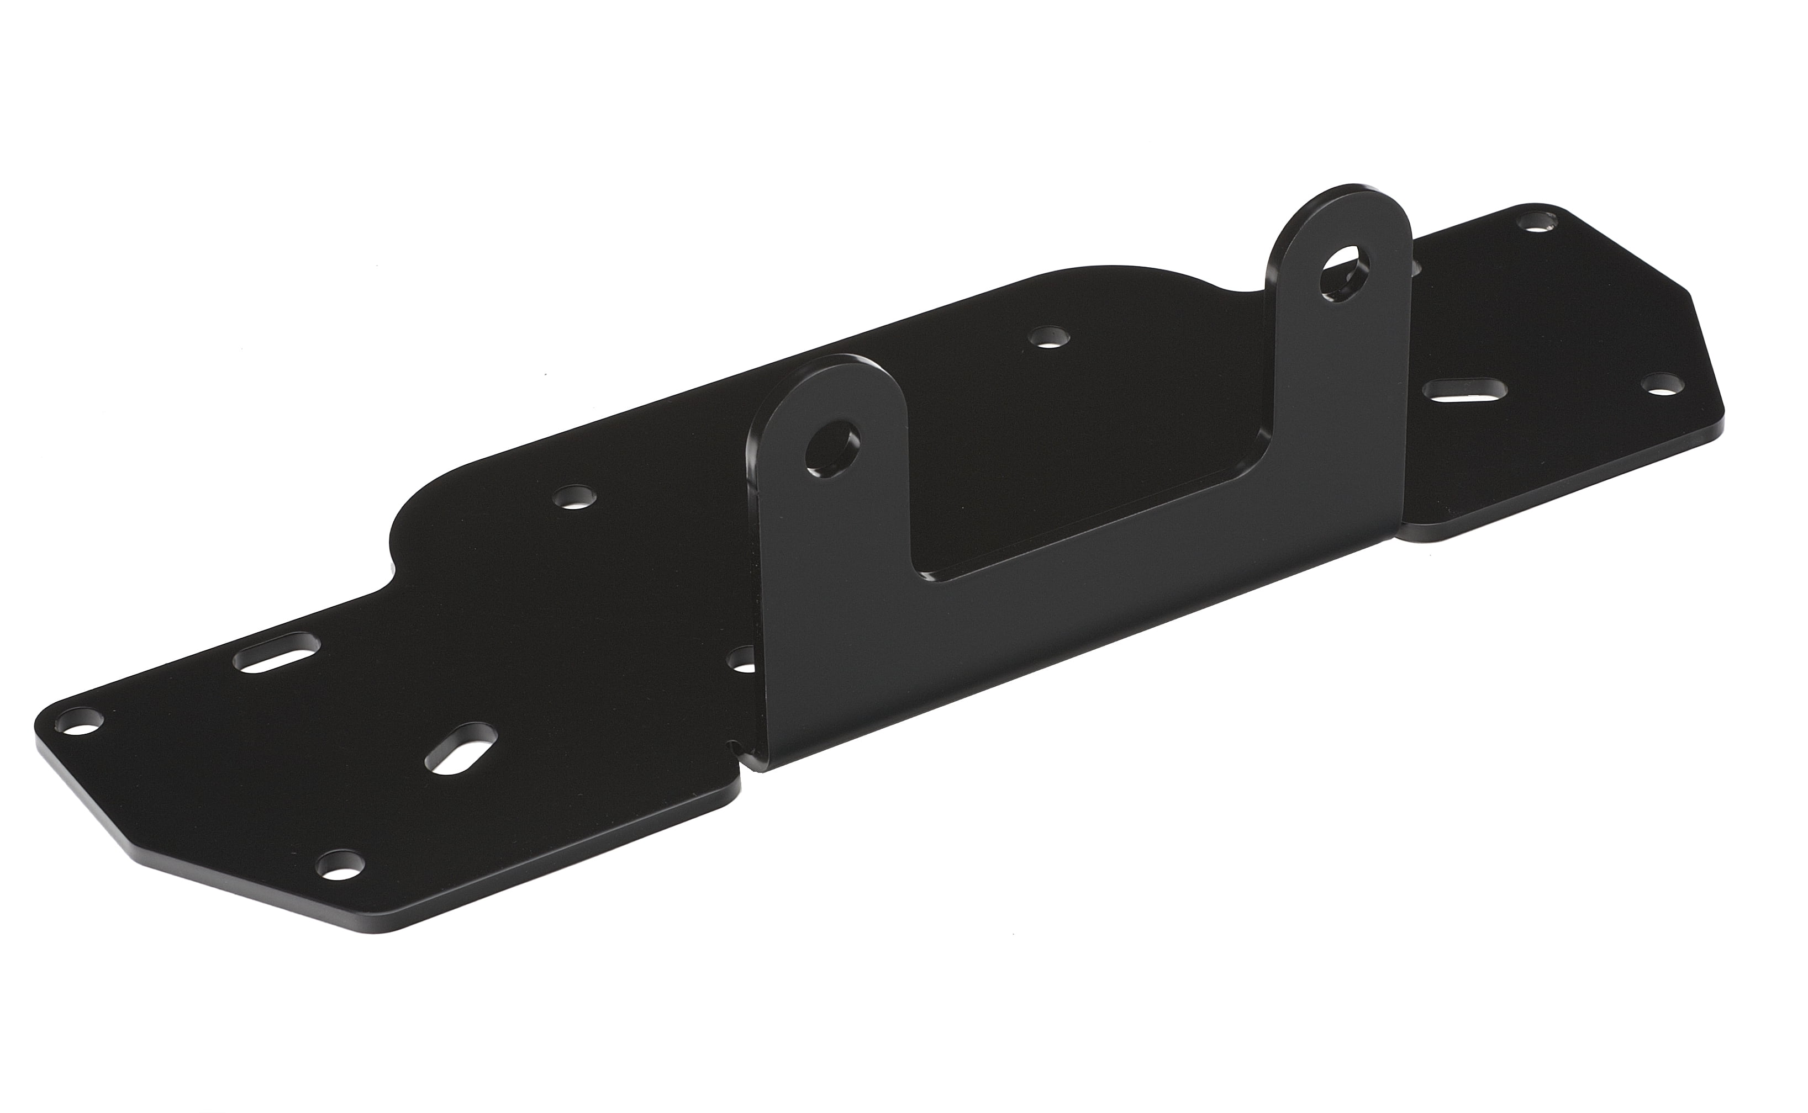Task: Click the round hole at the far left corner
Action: [80, 719]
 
